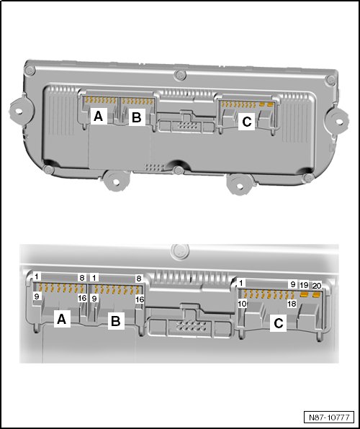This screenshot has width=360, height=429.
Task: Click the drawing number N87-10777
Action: point(329,417)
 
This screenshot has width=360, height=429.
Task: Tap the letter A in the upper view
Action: point(99,117)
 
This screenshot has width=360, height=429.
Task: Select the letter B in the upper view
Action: point(137,117)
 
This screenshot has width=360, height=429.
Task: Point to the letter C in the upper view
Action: point(247,122)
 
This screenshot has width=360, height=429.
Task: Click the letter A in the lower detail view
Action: point(62,319)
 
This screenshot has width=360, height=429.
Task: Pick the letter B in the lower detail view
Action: point(116,321)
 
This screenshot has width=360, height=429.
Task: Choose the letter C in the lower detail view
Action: point(278,324)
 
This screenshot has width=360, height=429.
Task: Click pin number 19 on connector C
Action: point(304,285)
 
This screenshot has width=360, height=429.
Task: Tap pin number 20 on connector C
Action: point(317,286)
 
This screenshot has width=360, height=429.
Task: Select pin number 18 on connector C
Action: point(292,304)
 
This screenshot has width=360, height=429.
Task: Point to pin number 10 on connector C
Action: point(243,304)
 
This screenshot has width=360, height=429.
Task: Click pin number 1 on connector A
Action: point(37,276)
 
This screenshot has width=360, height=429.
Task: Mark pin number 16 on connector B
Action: point(140,299)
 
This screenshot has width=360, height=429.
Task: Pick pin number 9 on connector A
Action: point(37,296)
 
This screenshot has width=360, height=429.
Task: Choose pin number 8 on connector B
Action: point(139,279)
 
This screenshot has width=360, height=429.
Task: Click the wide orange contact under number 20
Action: point(317,294)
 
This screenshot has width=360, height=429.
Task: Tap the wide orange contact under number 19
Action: point(304,294)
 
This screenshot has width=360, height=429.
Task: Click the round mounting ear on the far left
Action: point(19,111)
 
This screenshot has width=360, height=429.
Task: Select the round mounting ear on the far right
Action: point(338,121)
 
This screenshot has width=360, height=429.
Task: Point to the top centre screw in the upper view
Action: point(180,76)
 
